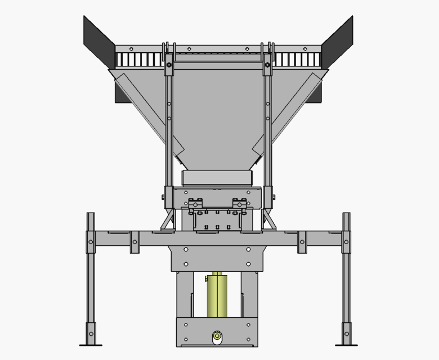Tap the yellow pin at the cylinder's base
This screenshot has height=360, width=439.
pyautogui.click(x=217, y=337)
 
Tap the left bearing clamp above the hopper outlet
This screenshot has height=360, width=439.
pyautogui.click(x=196, y=203)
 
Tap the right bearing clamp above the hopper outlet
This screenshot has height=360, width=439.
pyautogui.click(x=240, y=203)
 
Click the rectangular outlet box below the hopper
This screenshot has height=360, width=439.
pyautogui.click(x=217, y=178)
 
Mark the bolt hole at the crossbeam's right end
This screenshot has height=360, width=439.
pyautogui.click(x=346, y=242)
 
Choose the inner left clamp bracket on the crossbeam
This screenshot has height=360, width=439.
pyautogui.click(x=135, y=242)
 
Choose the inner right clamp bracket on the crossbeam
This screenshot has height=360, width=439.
pyautogui.click(x=302, y=242)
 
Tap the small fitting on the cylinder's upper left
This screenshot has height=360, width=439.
pyautogui.click(x=206, y=277)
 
